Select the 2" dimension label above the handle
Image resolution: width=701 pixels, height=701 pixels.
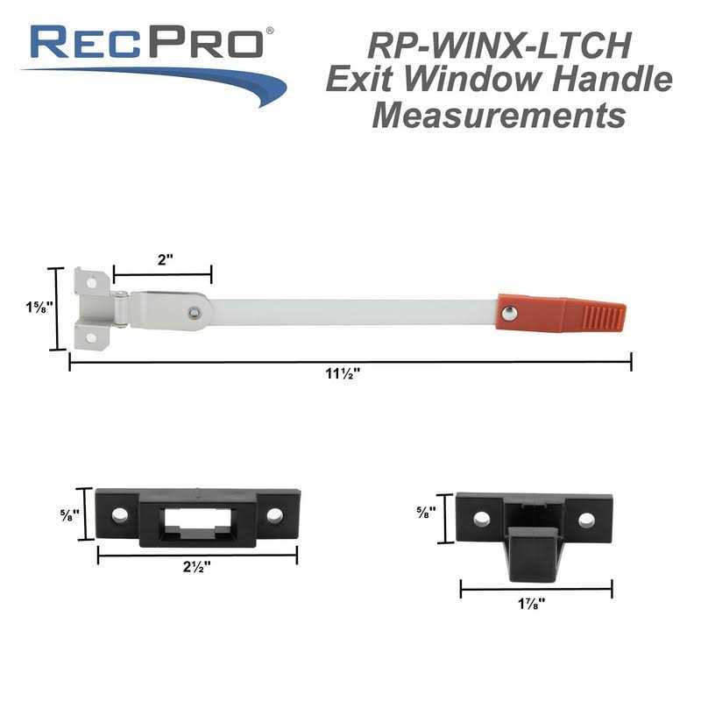pyautogui.click(x=165, y=259)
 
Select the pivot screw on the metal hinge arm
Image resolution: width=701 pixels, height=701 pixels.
pyautogui.click(x=193, y=311)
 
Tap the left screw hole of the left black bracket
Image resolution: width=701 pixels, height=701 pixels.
pyautogui.click(x=120, y=514)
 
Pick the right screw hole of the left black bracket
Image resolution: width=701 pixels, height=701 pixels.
pyautogui.click(x=275, y=515)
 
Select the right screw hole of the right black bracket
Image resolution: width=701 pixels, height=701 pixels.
pyautogui.click(x=586, y=520)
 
